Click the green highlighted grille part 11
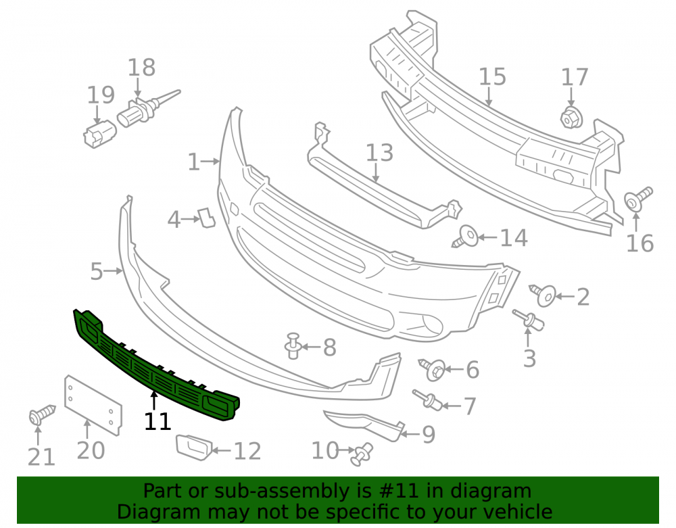tap(155, 367)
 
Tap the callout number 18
tap(141, 68)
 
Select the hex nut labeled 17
tap(572, 118)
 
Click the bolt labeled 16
tap(638, 199)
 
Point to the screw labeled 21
tap(41, 414)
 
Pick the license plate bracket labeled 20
tap(93, 405)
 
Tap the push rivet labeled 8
tap(293, 345)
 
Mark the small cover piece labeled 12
tap(193, 447)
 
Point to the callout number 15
tap(492, 76)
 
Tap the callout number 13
tap(379, 153)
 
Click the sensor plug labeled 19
tap(99, 134)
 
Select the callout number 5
tap(96, 272)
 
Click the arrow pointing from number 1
tap(211, 162)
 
